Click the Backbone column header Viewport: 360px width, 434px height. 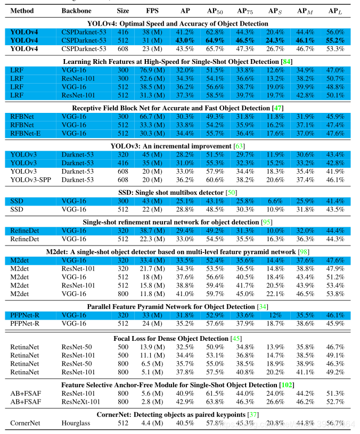click(x=76, y=11)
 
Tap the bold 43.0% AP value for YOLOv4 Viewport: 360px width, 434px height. click(x=185, y=40)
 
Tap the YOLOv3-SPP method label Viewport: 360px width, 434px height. click(x=29, y=180)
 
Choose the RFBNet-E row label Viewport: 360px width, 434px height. click(x=26, y=133)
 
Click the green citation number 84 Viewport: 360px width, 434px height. click(x=301, y=61)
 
